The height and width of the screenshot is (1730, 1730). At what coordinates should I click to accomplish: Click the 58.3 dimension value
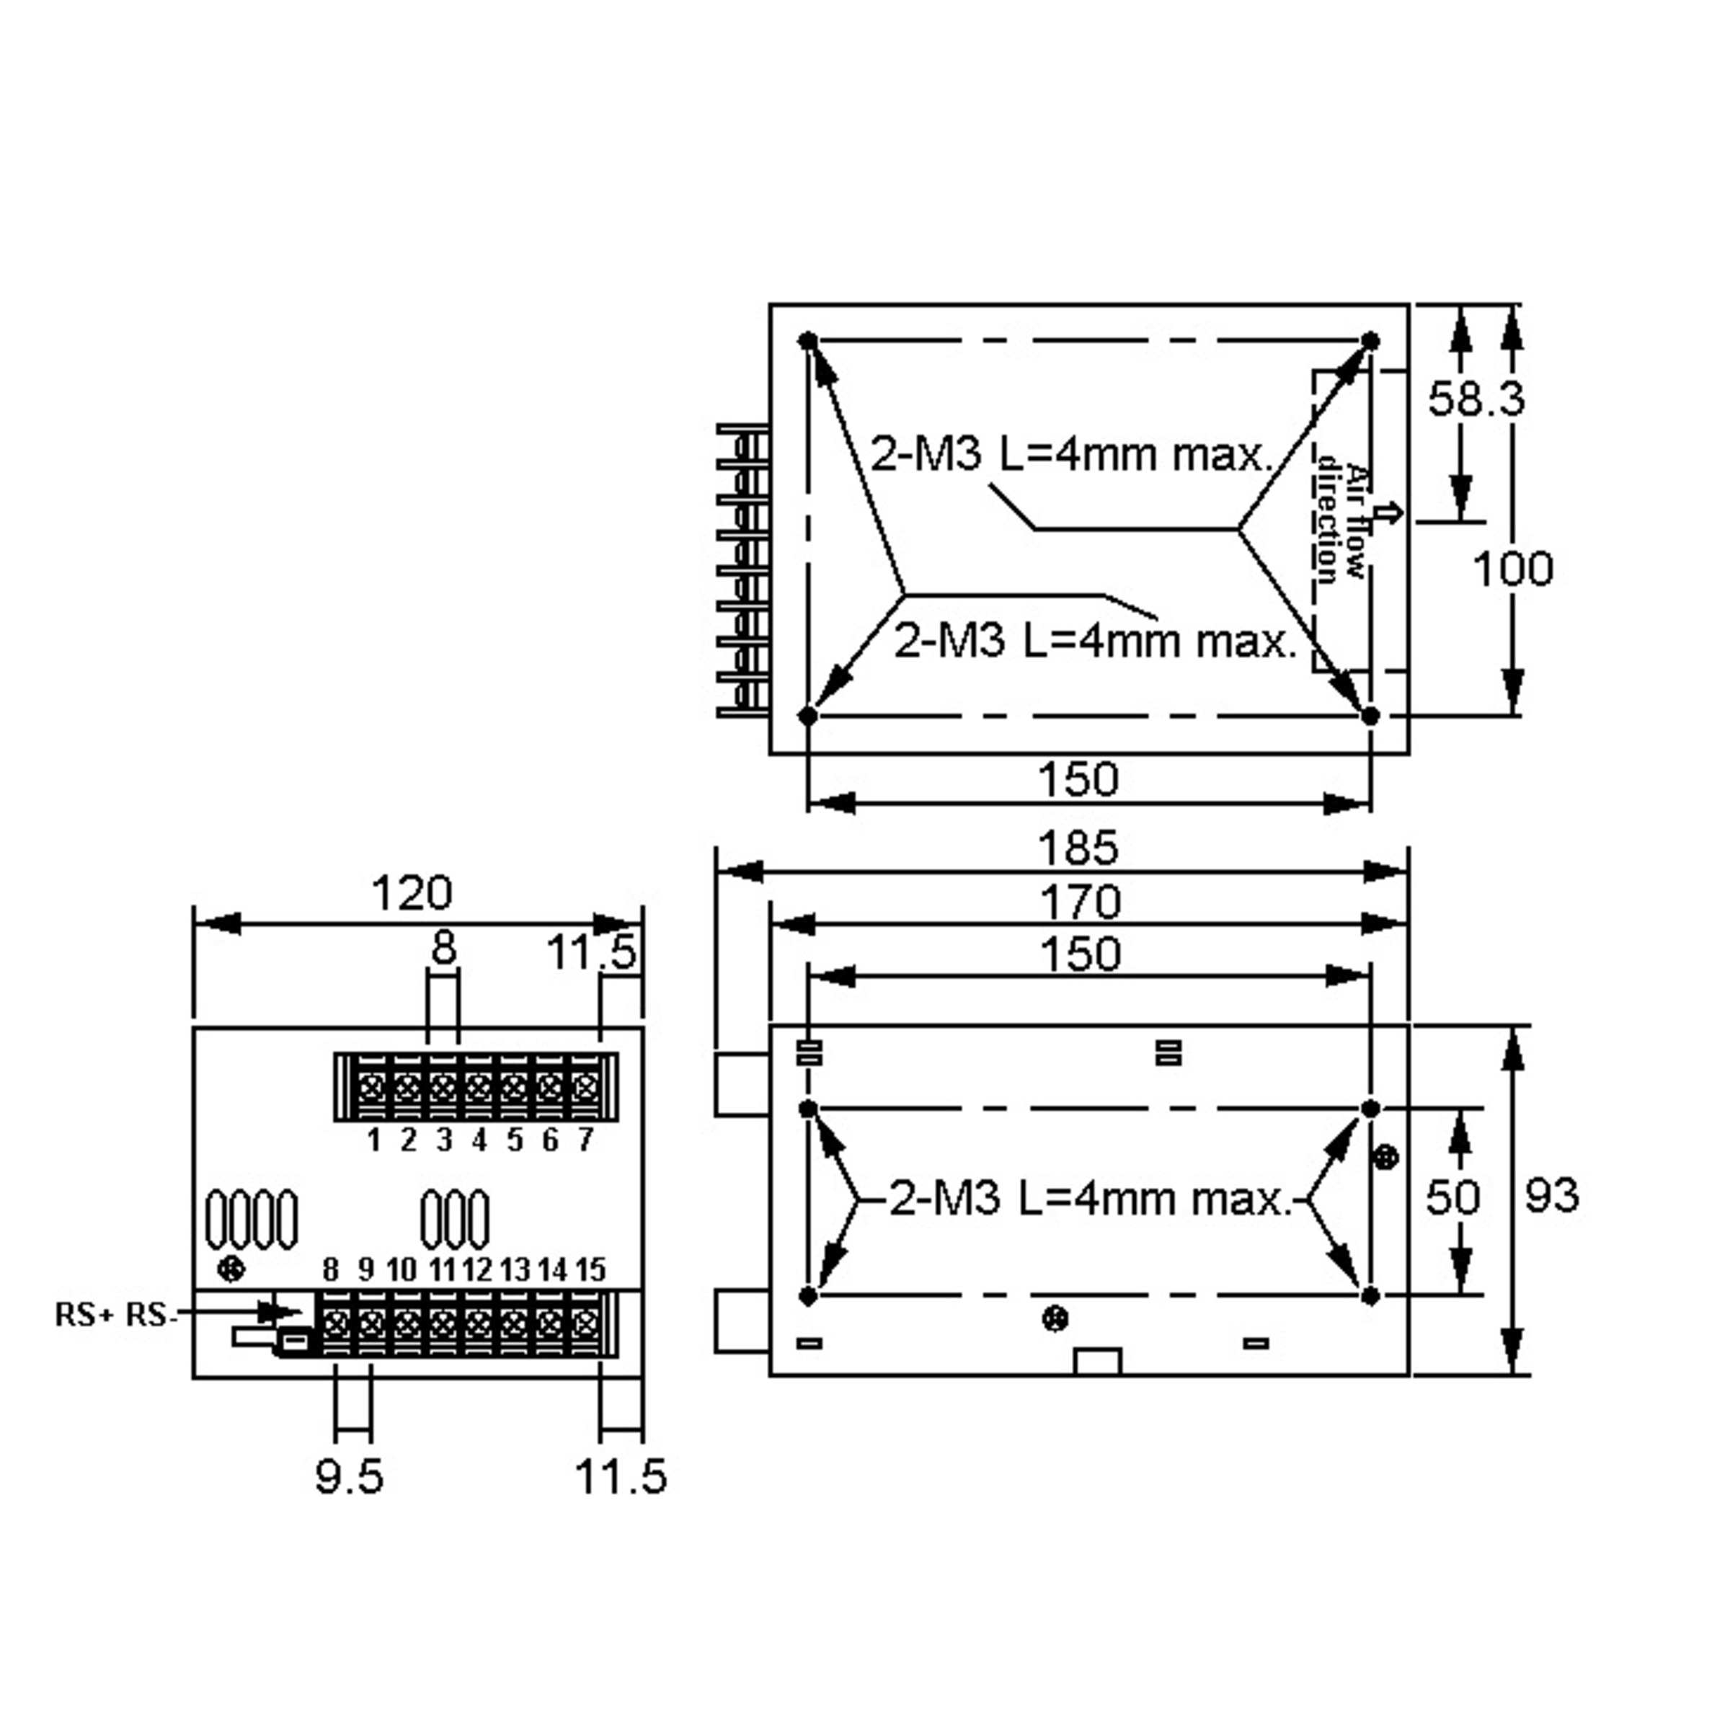(1475, 399)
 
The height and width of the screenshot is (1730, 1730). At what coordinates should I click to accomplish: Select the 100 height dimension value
(1512, 569)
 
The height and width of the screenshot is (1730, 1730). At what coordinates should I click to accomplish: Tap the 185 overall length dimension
(1078, 847)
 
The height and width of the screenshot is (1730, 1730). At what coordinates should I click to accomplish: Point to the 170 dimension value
(1080, 902)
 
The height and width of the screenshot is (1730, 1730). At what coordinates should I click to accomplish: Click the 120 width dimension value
(412, 893)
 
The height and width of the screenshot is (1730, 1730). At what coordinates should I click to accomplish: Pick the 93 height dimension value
(1552, 1194)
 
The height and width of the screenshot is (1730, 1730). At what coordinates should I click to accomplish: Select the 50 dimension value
(1452, 1197)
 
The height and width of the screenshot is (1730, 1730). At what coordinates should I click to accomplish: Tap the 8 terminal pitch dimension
(443, 947)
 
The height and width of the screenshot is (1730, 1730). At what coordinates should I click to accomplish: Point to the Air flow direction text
(1341, 519)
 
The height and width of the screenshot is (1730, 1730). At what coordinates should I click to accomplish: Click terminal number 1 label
(374, 1140)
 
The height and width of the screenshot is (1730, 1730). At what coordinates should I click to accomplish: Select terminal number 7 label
(585, 1139)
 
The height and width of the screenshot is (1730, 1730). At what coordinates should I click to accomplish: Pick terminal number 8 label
(332, 1269)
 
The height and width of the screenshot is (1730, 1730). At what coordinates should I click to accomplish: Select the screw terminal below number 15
(585, 1323)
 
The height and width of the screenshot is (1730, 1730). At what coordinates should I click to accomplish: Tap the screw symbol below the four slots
(232, 1269)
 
